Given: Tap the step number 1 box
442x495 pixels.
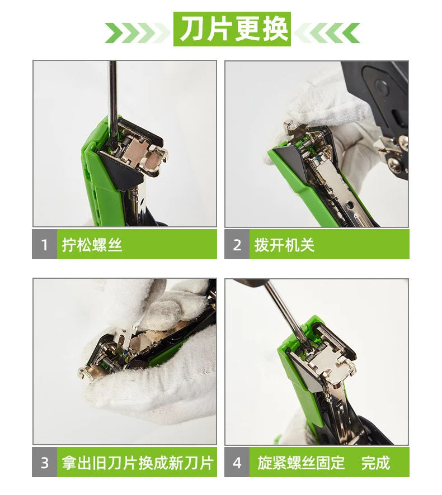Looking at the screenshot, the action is tap(45, 245).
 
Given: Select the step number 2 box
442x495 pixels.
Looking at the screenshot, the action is tap(237, 245).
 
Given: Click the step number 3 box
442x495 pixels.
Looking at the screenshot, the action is tap(45, 463).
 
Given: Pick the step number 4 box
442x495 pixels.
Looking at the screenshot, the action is tap(237, 463).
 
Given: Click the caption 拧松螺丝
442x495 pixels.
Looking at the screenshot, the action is tap(92, 245).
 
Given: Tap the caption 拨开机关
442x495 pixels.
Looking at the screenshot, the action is tap(284, 245).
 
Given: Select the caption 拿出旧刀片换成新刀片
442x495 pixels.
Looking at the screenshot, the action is tap(138, 463).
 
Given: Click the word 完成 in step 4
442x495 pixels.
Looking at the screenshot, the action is tap(375, 463).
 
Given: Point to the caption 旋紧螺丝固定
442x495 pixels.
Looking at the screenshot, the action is tap(301, 463).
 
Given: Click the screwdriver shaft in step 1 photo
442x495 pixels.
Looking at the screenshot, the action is tap(113, 101).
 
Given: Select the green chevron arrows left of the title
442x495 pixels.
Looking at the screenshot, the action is tap(137, 32).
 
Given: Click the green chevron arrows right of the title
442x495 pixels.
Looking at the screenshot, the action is tap(327, 32).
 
